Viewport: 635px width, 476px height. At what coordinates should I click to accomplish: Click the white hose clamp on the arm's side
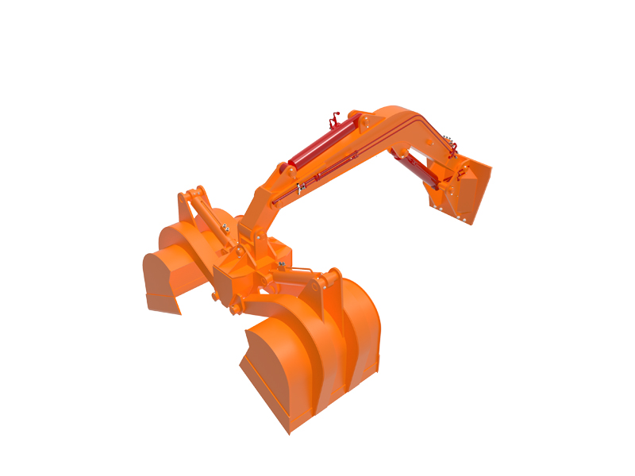pyautogui.click(x=301, y=187)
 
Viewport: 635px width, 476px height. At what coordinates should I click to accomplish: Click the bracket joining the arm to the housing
pyautogui.click(x=250, y=238)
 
